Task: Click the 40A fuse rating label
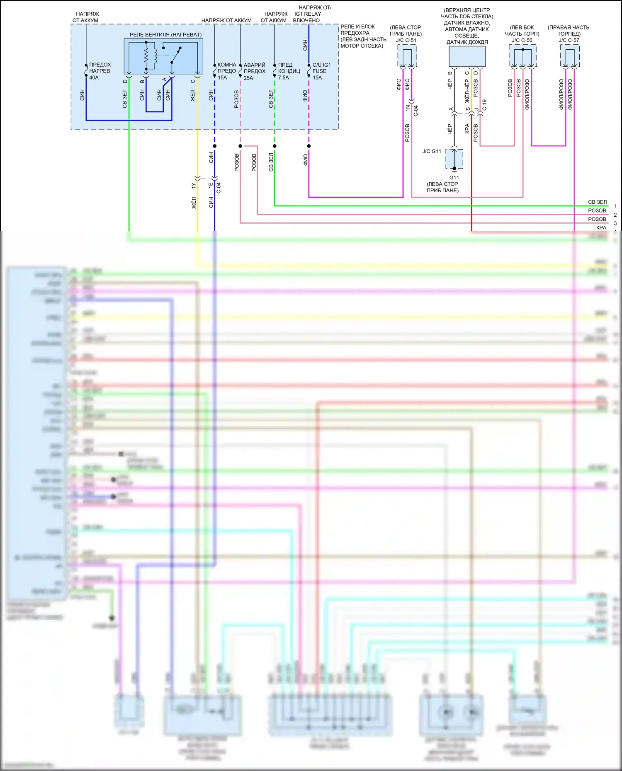coord(94,77)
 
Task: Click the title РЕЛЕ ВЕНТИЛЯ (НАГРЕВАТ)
coord(165,35)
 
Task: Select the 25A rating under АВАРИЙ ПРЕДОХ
coord(248,78)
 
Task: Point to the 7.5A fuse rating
coord(284,77)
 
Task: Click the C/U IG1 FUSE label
coord(321,68)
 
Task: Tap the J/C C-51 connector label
coord(406,40)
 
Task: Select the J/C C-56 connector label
coord(522,40)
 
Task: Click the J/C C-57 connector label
coord(569,40)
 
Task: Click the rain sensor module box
coord(467,56)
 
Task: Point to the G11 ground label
coord(454,178)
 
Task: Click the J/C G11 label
coord(432,151)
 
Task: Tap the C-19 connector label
coord(484,105)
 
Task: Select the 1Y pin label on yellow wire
coord(193,186)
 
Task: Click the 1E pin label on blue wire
coord(211,185)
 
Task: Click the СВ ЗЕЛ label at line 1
coord(597,202)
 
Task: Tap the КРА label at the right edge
coord(601,227)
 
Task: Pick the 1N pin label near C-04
coord(408,108)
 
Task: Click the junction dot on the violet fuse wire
coord(309,146)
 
